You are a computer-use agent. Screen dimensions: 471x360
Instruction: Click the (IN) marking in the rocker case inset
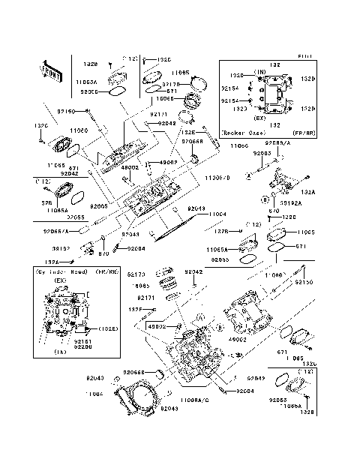coord(260,72)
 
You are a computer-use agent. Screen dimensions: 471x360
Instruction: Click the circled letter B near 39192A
coord(265,200)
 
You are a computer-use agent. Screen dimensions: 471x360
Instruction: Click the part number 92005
coord(100,205)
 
